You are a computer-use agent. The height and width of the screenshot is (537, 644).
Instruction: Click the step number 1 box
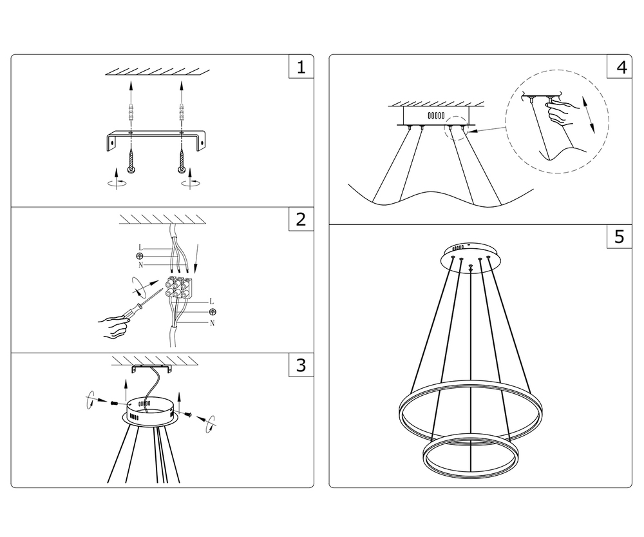(x=301, y=68)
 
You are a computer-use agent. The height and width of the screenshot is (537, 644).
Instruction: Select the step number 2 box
(x=301, y=219)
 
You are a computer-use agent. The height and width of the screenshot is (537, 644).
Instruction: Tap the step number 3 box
(x=301, y=366)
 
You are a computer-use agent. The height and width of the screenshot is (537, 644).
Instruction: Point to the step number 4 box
(x=619, y=68)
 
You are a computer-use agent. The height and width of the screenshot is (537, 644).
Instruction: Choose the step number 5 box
(x=619, y=237)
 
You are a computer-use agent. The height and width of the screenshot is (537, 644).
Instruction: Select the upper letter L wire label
(x=140, y=248)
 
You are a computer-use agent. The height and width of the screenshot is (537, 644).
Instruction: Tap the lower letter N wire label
(x=212, y=323)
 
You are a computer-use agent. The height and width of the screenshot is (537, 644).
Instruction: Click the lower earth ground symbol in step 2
(x=213, y=312)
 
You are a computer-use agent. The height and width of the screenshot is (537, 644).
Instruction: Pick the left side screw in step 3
(x=114, y=404)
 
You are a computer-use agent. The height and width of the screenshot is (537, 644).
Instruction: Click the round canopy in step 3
(x=150, y=413)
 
